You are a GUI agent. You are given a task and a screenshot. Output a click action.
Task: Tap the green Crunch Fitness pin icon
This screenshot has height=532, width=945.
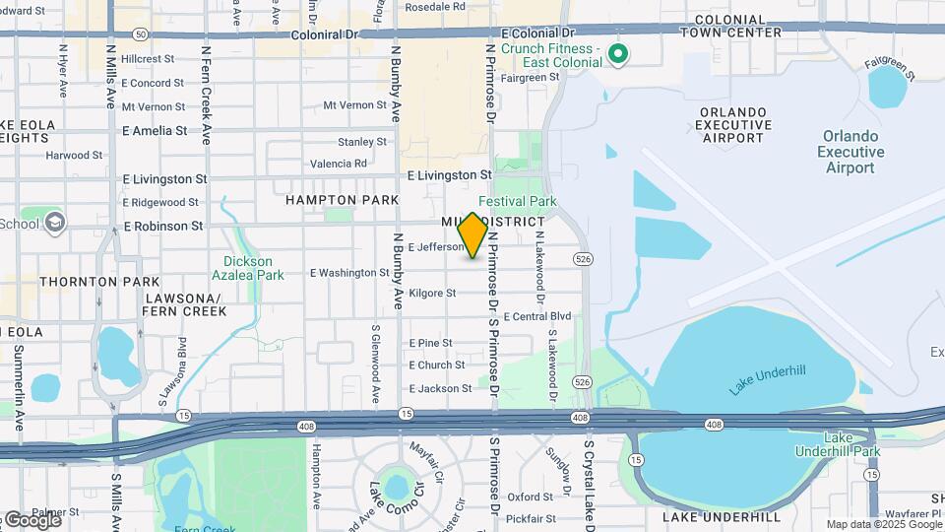click(618, 54)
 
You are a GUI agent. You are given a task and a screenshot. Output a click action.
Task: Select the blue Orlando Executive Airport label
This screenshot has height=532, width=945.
click(850, 153)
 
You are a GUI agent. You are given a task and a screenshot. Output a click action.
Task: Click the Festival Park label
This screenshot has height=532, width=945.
click(517, 201)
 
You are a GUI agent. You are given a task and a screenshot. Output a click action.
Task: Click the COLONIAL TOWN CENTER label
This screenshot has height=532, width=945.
click(738, 26)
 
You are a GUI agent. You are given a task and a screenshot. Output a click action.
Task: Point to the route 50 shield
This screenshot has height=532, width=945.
click(142, 33)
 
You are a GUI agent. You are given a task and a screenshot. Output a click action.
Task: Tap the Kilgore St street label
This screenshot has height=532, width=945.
click(432, 294)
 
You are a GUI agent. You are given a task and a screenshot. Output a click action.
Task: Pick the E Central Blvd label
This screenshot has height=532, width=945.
click(536, 317)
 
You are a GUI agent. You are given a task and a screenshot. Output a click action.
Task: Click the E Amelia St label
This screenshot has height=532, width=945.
click(154, 130)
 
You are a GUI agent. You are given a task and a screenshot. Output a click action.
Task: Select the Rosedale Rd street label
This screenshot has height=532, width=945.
click(434, 6)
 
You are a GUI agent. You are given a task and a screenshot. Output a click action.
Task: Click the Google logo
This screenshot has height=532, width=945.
click(31, 519)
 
